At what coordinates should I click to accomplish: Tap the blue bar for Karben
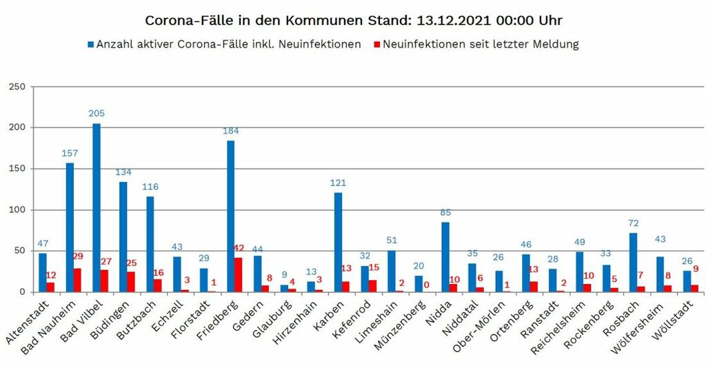point(338,242)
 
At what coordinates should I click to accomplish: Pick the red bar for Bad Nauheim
point(78,280)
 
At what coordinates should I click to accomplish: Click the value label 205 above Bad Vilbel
point(97,113)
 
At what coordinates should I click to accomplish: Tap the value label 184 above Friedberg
point(230,131)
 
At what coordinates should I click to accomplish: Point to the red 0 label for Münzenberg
point(427,283)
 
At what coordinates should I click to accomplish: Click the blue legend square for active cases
point(90,45)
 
